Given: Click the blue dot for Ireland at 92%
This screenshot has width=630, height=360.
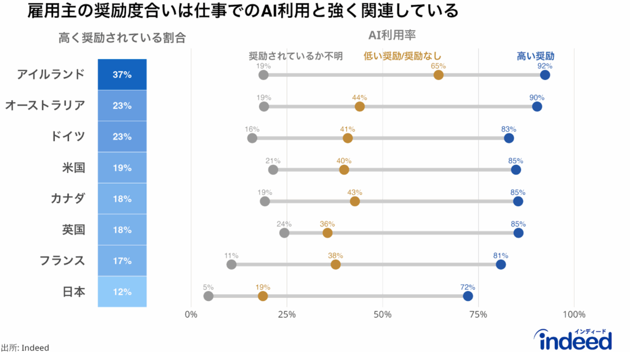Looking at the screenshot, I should pyautogui.click(x=544, y=75).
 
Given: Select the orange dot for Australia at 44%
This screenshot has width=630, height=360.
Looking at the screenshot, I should pyautogui.click(x=360, y=106).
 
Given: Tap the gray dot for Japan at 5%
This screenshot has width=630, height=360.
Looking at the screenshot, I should pyautogui.click(x=209, y=296).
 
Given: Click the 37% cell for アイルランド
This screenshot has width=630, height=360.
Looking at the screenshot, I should pyautogui.click(x=122, y=74).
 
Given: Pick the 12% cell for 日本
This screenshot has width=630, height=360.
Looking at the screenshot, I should pyautogui.click(x=122, y=292).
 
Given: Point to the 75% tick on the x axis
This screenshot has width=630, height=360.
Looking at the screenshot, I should pyautogui.click(x=479, y=314).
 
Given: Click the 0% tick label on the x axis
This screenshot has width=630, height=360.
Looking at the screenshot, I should pyautogui.click(x=191, y=314).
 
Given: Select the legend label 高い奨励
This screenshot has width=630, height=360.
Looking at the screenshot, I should pyautogui.click(x=535, y=55).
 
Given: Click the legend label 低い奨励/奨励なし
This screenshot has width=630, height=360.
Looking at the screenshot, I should pyautogui.click(x=402, y=55).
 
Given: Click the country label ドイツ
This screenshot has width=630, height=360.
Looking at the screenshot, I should pyautogui.click(x=68, y=136).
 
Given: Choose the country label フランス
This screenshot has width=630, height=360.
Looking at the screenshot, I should pyautogui.click(x=62, y=260).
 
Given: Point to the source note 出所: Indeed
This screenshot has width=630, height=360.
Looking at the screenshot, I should pyautogui.click(x=25, y=348).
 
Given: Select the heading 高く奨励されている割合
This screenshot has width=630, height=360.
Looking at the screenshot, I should pyautogui.click(x=122, y=38).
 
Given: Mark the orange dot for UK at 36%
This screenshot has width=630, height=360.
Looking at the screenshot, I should pyautogui.click(x=327, y=233).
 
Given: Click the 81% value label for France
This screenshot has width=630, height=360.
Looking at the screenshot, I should pyautogui.click(x=500, y=255).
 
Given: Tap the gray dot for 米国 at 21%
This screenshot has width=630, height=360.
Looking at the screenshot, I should pyautogui.click(x=273, y=170).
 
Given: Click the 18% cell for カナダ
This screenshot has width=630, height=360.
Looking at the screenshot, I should pyautogui.click(x=122, y=199).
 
